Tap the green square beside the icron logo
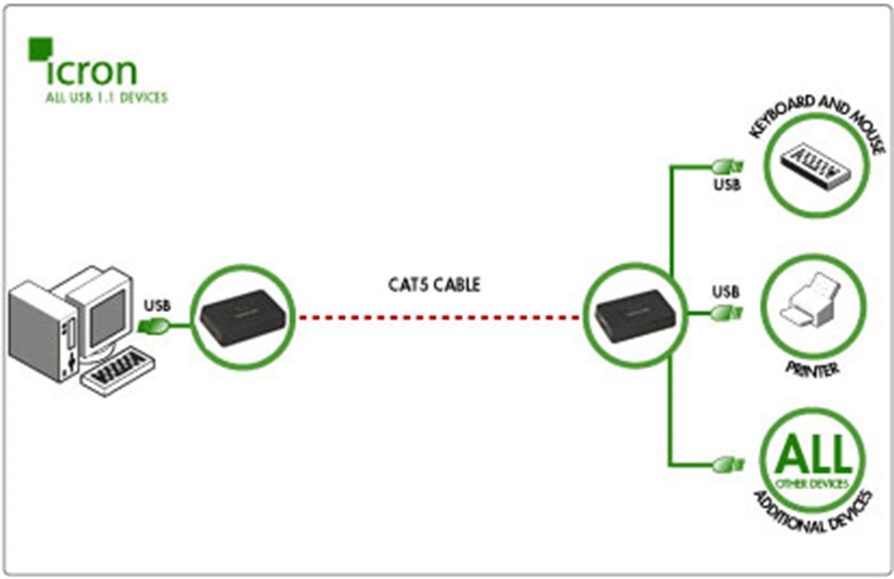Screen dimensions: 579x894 click(x=39, y=48)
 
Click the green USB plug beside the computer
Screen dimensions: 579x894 click(x=154, y=325)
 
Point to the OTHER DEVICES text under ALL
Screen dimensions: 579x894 click(x=812, y=484)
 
